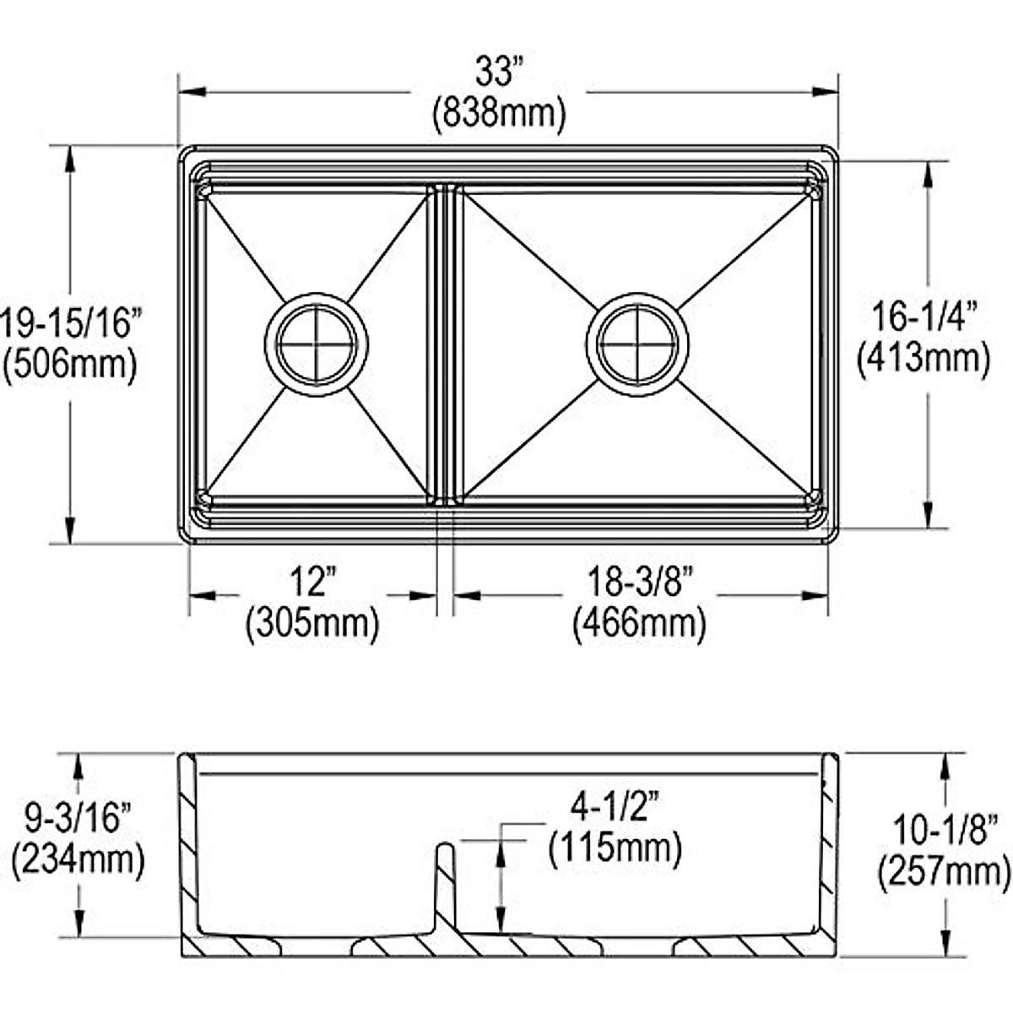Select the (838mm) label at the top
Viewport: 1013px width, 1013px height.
tap(499, 114)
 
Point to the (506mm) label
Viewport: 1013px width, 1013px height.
tap(70, 365)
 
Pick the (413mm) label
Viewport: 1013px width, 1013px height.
tap(924, 359)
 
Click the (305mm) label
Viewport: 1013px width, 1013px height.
tap(313, 624)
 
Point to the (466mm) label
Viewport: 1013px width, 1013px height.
tap(640, 624)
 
